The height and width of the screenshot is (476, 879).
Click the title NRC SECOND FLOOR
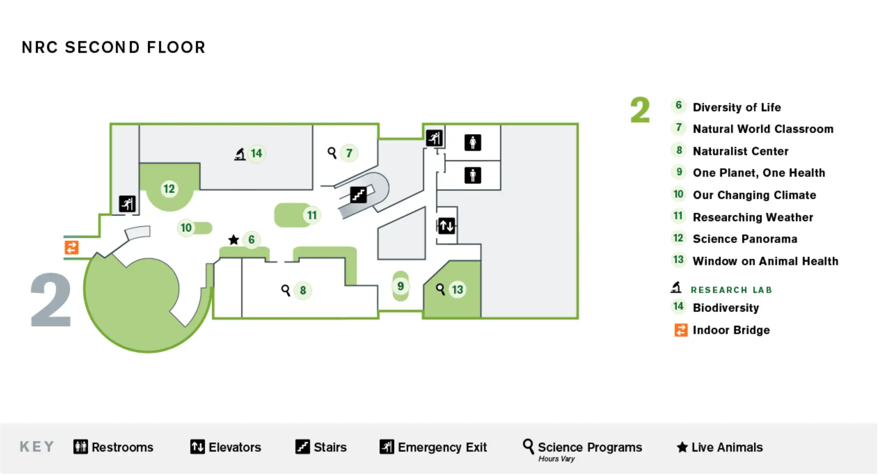point(113,48)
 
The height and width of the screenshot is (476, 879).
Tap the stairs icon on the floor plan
point(358,195)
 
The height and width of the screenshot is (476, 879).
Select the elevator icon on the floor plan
point(446,226)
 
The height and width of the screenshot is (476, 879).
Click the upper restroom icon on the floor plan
point(473,143)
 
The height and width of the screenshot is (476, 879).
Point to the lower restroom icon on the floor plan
point(473,175)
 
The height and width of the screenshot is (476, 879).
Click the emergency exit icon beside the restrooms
point(434,138)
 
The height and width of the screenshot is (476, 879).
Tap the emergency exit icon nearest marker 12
point(127,204)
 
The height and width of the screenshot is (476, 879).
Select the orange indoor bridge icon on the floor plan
point(72,247)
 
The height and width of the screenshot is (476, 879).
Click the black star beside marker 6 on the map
point(233,239)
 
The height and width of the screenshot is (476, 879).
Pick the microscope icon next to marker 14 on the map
point(240,154)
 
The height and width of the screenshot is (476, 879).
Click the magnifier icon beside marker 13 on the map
point(440,289)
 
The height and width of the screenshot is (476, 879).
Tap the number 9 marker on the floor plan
point(401,286)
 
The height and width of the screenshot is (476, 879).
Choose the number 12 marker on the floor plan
point(169,189)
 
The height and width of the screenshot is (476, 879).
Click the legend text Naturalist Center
point(740,151)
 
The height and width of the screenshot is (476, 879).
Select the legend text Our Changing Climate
point(754,195)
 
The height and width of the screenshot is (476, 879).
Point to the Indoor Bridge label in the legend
point(731,330)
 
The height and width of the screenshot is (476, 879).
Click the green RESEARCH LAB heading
point(731,290)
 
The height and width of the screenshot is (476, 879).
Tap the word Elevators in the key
point(235,447)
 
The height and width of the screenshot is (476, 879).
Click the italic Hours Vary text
point(556,459)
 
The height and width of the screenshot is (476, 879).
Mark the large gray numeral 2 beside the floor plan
point(51,300)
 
